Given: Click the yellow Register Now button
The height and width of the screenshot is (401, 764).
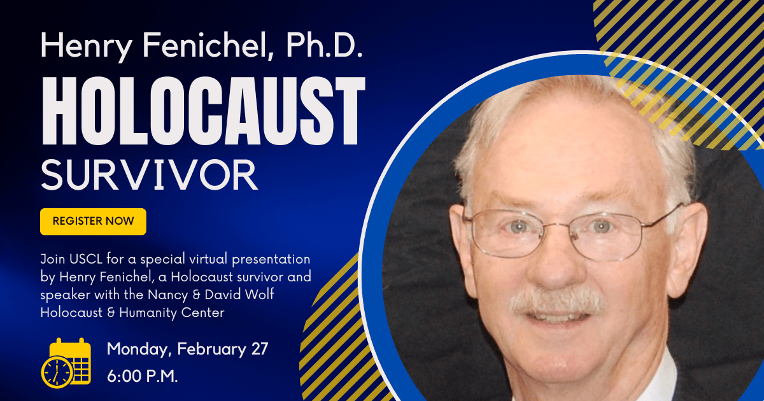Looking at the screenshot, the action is [x=93, y=222].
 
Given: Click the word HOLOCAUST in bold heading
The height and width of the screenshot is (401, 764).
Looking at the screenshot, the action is [x=203, y=111].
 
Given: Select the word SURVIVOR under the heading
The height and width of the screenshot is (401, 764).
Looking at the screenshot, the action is [x=149, y=175].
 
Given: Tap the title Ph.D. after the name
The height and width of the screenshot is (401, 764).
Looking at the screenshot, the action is [x=324, y=45].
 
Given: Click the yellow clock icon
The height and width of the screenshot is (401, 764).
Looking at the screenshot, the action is [x=57, y=372].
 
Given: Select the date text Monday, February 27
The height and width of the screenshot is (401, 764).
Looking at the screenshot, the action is [x=188, y=349].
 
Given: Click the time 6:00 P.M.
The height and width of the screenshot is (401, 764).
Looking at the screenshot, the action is [x=142, y=376].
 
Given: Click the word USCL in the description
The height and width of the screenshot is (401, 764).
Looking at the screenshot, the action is [x=85, y=259].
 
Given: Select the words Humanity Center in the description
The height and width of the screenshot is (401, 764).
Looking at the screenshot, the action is [x=172, y=313].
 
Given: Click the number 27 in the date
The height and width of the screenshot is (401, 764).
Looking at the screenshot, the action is [x=260, y=349].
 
